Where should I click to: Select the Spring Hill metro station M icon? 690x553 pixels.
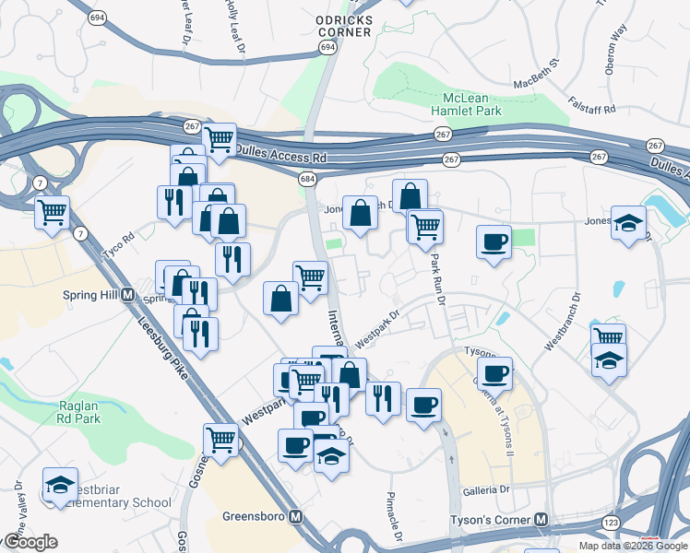tap(128, 296)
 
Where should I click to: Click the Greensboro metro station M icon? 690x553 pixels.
tap(296, 516)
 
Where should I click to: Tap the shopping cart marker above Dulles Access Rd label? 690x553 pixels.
tap(220, 140)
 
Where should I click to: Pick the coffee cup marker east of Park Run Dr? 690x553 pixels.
tap(494, 241)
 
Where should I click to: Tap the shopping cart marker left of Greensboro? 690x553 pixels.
tap(221, 439)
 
